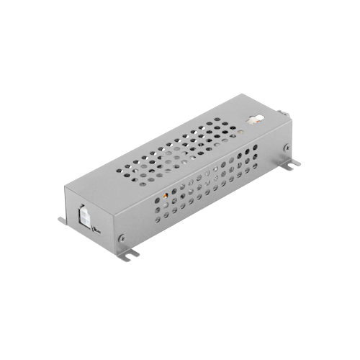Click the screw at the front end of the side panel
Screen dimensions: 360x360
[122, 238]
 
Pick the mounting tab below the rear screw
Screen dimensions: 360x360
[292, 165]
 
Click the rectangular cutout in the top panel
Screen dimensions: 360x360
[253, 120]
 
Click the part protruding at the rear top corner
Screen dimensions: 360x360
[283, 113]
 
